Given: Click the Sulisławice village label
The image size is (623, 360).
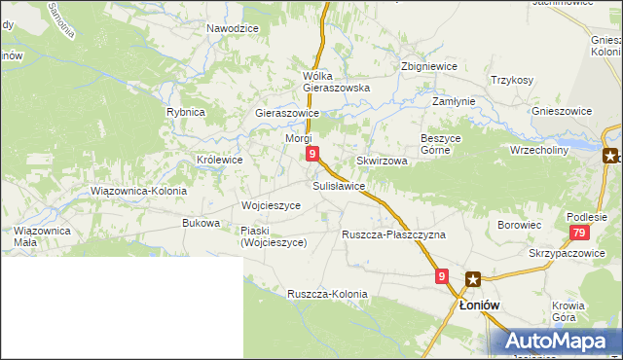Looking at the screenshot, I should [x=339, y=185].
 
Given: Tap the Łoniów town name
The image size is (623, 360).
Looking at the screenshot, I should [x=479, y=305].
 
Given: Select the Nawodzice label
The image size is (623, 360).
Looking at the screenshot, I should [x=233, y=29].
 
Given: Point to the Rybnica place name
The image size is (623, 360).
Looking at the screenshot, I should [x=185, y=112].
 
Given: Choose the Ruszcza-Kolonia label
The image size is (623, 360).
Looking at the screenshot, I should [x=327, y=294].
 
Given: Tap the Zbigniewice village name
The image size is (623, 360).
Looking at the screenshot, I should [x=429, y=66].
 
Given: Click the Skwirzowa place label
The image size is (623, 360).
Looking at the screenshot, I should [x=382, y=161].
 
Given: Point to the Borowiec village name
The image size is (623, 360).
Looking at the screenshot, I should [x=519, y=225].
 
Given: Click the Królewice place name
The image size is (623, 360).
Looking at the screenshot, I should [x=220, y=159].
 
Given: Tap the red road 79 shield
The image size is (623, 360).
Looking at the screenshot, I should [x=579, y=233].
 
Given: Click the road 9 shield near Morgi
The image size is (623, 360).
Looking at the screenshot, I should [x=311, y=154].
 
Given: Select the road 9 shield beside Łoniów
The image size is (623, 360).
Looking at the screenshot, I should [x=442, y=277].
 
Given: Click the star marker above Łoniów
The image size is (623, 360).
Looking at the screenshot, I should [x=472, y=279].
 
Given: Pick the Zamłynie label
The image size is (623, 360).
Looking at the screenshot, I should [x=454, y=101].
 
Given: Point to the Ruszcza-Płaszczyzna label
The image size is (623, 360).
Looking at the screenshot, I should [x=393, y=235].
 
